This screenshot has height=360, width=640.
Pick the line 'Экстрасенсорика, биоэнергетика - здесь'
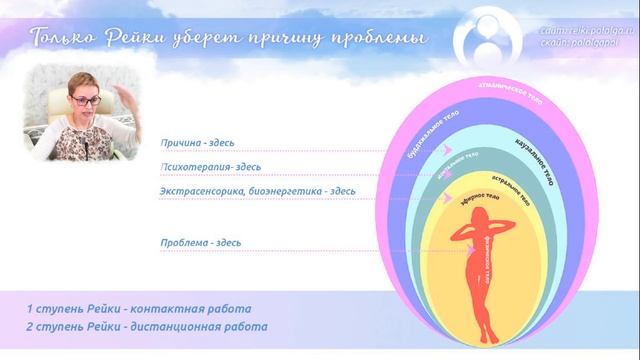click(257, 190)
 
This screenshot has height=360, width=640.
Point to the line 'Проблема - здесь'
click(200, 242)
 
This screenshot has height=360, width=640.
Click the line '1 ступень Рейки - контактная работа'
click(139, 308)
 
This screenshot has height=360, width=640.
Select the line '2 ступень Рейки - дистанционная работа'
click(147, 327)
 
